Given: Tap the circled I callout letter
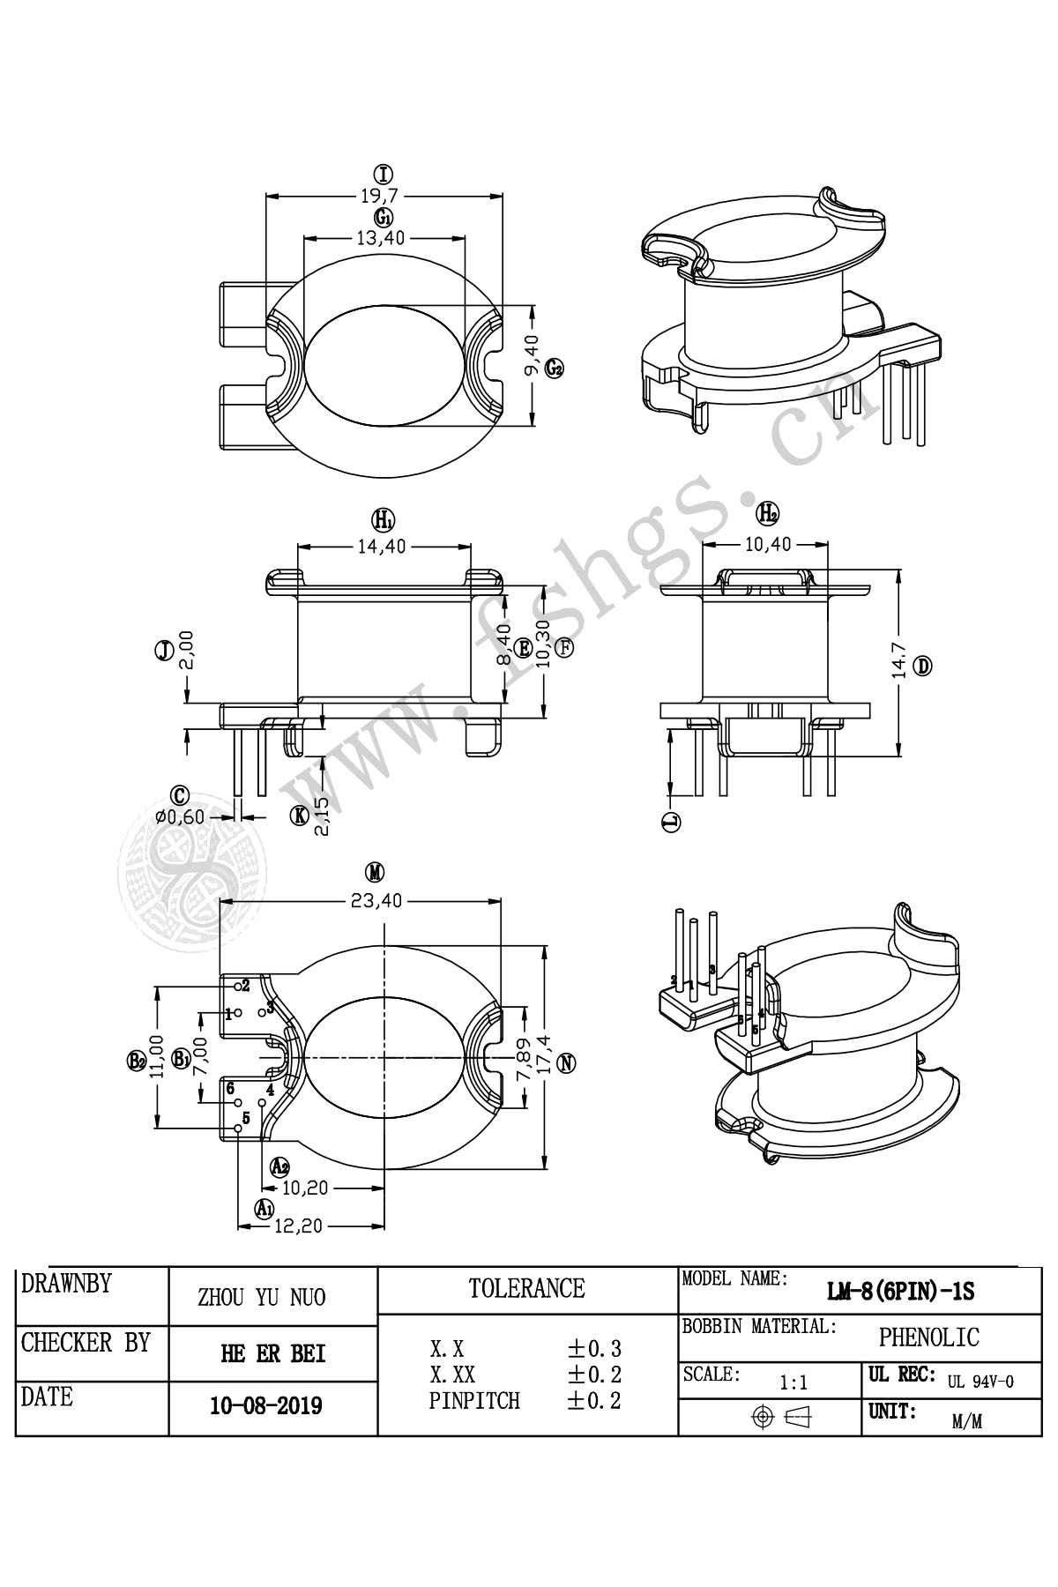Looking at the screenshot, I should (383, 174).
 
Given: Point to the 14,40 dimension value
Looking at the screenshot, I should (382, 547).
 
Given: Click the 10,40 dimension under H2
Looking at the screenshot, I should (768, 544).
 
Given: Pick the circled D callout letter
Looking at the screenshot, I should (922, 667).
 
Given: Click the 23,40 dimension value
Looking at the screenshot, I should (376, 901).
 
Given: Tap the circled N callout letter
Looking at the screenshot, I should (568, 1062).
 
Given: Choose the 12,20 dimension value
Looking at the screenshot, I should (299, 1226).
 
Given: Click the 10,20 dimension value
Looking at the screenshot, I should (306, 1188).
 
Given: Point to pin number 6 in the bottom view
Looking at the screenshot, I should (230, 1088).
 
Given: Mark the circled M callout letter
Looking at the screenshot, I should (376, 873).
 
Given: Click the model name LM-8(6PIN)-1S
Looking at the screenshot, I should (900, 1293).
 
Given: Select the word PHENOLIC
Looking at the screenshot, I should (928, 1337).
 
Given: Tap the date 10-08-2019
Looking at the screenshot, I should (266, 1405).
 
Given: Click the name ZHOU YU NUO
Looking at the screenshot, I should (261, 1297).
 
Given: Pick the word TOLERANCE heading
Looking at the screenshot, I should (526, 1289).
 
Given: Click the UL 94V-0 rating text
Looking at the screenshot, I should (980, 1382).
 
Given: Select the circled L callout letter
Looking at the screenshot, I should (672, 823).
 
